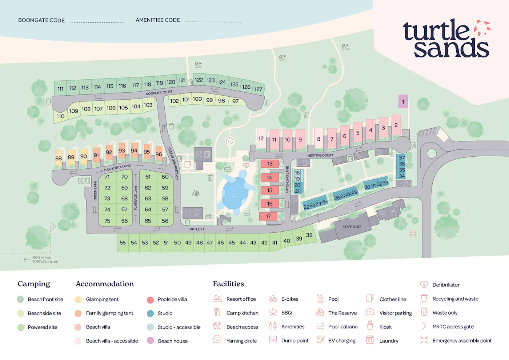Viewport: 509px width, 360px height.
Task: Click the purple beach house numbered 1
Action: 403,102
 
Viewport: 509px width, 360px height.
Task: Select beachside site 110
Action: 60,116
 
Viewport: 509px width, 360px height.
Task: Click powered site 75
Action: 107,221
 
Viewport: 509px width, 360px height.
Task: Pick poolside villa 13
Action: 270,164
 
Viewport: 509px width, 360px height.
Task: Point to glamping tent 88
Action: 59,159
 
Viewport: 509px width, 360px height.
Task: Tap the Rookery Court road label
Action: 159,93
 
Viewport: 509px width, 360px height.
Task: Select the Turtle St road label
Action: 196,229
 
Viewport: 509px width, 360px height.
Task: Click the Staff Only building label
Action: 352,227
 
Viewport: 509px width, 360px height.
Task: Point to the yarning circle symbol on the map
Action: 229,141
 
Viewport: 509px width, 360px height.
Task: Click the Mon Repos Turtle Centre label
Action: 45,260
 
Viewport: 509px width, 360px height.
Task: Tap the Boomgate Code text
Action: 41,20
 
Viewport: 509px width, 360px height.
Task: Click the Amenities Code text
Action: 158,20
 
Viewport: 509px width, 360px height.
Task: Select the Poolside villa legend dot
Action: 150,300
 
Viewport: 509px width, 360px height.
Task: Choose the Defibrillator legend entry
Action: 446,285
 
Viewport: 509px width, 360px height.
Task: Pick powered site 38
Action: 309,235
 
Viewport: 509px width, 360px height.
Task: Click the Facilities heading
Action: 228,284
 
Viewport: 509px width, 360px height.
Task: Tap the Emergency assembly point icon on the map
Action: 413,233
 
